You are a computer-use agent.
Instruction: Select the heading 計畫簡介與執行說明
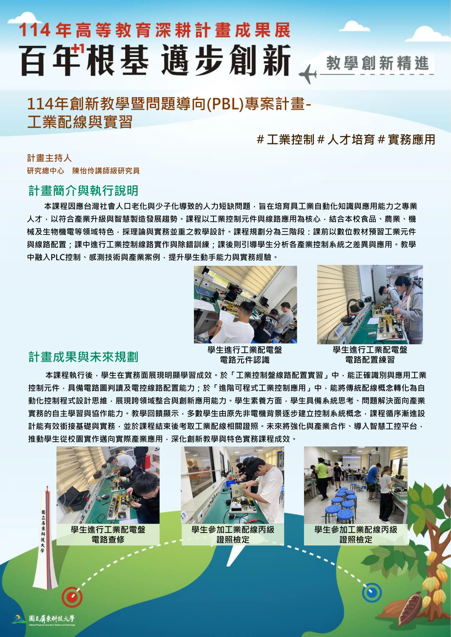coord(83,191)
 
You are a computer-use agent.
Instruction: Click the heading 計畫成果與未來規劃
coord(83,357)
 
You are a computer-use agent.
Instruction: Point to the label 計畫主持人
coord(49,158)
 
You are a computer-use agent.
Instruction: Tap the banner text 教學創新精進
coord(377,63)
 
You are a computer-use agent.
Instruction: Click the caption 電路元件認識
coord(245,360)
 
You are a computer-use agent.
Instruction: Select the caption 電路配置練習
coord(370,360)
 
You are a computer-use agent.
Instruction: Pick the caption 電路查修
coord(108,540)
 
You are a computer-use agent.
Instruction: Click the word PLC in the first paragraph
coord(58,257)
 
